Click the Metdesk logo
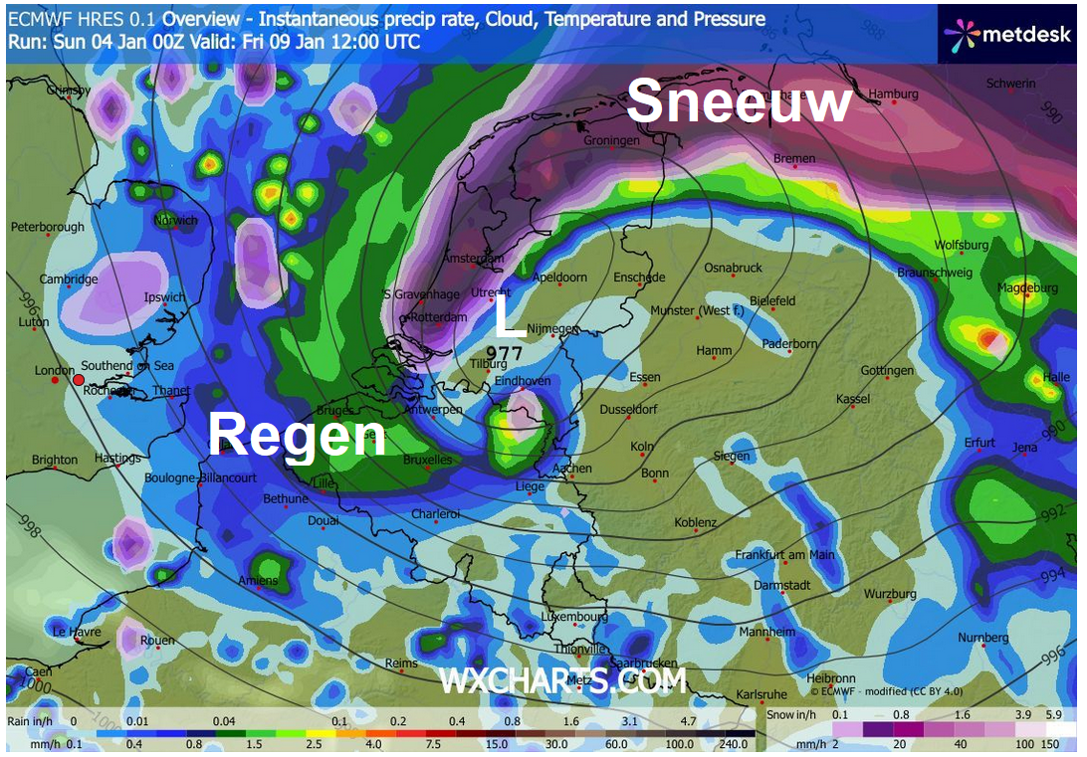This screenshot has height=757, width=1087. [1008, 35]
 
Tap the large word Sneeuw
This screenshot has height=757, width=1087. [739, 101]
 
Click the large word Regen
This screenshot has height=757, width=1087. [297, 436]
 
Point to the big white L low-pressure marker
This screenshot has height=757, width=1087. [509, 319]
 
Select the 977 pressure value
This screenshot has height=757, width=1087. [506, 352]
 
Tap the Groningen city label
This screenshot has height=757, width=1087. [611, 141]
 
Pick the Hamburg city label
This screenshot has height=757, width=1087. [893, 95]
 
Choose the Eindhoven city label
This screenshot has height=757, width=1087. [523, 381]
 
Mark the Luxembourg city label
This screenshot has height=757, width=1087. [573, 617]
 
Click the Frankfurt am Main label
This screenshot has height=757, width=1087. [784, 555]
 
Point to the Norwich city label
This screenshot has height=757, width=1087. [175, 221]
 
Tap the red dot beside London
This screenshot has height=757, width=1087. [78, 379]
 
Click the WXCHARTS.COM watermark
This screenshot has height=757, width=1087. [562, 681]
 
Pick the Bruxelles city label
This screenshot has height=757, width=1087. [428, 461]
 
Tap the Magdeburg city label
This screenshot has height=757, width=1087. [1026, 288]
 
